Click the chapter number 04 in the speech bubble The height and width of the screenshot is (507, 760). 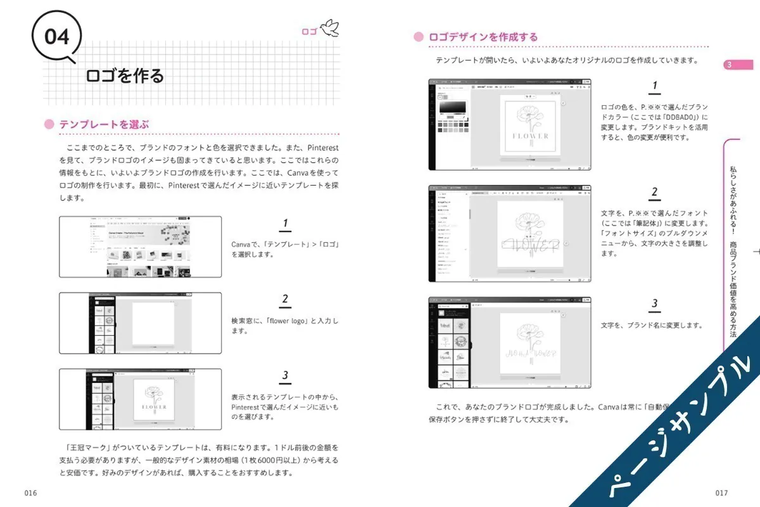(57, 37)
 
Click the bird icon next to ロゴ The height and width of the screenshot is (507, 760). (330, 28)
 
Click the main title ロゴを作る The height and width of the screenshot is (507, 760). (125, 76)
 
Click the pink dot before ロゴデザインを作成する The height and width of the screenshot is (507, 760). (418, 37)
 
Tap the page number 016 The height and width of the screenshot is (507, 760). (30, 493)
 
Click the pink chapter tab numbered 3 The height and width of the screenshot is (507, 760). (738, 65)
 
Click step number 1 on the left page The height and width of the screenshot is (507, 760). (285, 224)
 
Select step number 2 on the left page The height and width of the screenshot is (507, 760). (285, 299)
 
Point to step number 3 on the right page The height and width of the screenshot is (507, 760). (655, 304)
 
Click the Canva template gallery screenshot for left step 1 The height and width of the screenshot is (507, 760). (140, 247)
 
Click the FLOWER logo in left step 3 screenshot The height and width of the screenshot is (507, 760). (154, 406)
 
